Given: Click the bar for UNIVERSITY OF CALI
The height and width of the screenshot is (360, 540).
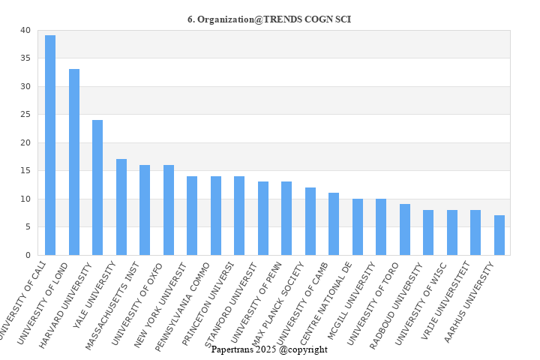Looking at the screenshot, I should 50,145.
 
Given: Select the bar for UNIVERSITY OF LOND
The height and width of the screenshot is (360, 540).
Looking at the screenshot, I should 74,162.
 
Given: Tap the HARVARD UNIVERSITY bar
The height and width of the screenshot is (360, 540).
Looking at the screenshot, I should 97,187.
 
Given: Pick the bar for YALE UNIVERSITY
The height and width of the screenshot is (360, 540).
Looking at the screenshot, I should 121,207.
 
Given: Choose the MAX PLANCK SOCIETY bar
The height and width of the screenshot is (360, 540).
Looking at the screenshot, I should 310,221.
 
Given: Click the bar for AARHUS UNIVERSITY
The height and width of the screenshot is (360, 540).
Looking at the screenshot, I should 499,235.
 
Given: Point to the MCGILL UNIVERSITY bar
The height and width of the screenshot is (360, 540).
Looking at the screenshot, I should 381,227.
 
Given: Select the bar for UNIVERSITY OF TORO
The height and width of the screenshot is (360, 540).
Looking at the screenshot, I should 405,229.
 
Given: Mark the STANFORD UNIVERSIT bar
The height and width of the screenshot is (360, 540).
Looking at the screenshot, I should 263,218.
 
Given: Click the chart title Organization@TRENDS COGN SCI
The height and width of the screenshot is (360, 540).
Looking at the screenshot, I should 269,19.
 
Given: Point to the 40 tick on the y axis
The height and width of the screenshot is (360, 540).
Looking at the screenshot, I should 26,31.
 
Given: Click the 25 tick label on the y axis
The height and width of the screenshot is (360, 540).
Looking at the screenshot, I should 26,115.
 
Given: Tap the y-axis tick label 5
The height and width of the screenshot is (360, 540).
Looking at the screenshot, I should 28,227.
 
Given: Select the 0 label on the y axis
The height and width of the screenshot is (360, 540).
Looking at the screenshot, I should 28,256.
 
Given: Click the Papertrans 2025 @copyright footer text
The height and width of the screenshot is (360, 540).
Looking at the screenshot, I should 269,349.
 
